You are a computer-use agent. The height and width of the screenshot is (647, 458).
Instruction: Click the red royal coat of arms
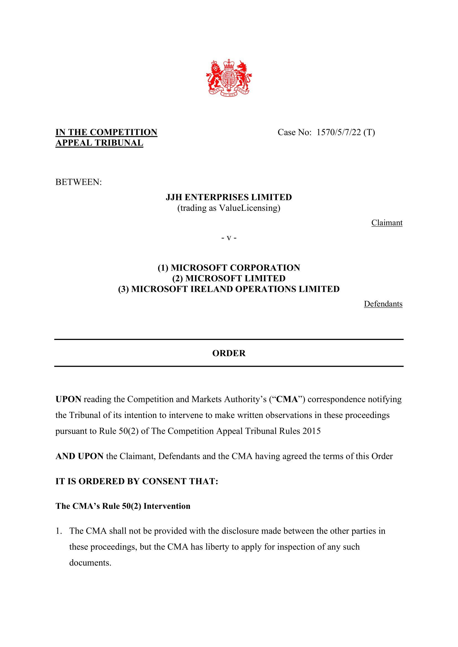tap(229, 78)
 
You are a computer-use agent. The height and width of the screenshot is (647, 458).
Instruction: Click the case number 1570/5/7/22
tap(338, 132)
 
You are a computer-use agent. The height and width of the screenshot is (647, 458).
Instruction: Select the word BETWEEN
tap(78, 182)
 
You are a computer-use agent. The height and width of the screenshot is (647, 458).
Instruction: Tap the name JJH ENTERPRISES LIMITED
tap(229, 197)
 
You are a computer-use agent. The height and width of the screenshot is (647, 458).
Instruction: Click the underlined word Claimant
tap(387, 223)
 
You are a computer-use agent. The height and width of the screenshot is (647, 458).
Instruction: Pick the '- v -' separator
tap(229, 238)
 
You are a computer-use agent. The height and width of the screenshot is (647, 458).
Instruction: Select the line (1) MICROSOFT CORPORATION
tap(229, 267)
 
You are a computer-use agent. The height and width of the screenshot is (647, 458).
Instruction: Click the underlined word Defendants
tap(383, 304)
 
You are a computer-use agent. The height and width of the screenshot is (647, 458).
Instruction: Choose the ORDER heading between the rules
tap(229, 353)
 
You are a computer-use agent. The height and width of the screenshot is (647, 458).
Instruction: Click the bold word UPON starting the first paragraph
tap(68, 399)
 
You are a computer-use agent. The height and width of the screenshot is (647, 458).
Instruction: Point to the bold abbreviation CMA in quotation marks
tap(287, 399)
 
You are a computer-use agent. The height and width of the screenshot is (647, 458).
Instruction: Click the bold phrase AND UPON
tap(79, 456)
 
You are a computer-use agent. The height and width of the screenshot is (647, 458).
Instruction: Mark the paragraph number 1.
tap(58, 531)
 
